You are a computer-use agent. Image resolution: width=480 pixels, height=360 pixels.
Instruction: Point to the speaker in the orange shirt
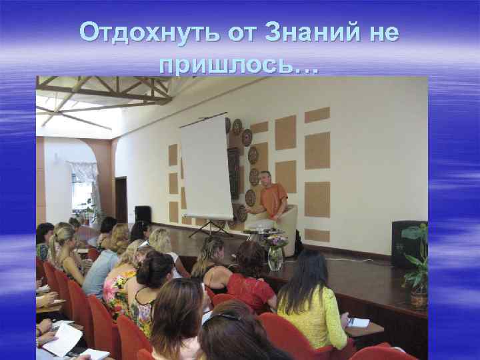click(272, 200)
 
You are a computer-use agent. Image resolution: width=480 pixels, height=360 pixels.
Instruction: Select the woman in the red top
click(250, 280)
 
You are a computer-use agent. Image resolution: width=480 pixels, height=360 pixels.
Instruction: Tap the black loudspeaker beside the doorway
click(143, 214)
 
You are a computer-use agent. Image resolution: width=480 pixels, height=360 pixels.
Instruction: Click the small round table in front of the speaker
click(263, 233)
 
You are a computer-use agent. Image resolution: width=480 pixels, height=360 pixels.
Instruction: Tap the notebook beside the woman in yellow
click(357, 322)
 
